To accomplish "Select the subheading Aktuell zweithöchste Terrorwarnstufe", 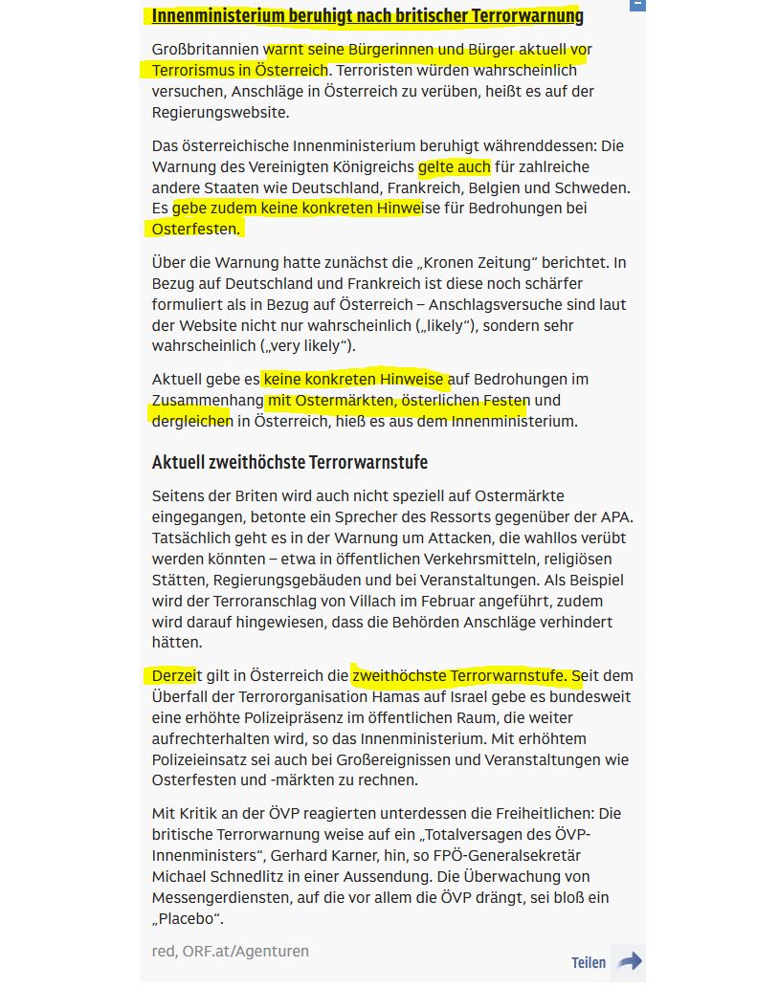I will point(289,462).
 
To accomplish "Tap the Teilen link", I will point(589,962).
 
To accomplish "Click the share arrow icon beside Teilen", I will point(630,961).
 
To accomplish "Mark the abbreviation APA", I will point(616,516).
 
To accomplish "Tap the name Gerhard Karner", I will point(345,855).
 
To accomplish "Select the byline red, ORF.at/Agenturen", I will point(230,951).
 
